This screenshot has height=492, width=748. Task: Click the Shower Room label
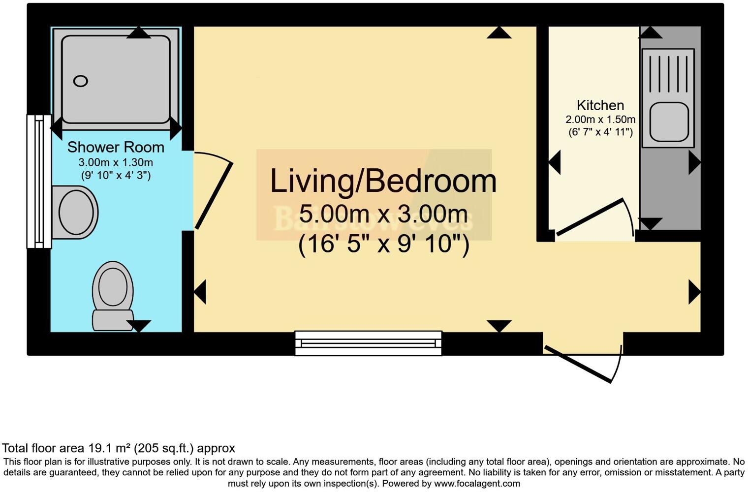click(x=116, y=147)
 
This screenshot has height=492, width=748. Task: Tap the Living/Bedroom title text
click(x=383, y=181)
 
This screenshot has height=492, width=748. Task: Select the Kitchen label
click(x=600, y=105)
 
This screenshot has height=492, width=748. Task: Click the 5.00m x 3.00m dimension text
click(x=383, y=215)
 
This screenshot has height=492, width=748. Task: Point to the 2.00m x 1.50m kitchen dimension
click(x=600, y=120)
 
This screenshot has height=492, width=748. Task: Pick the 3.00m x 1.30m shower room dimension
click(x=116, y=162)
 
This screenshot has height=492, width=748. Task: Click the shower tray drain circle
click(x=81, y=81)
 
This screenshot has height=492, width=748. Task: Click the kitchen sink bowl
click(x=668, y=122)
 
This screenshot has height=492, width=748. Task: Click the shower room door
click(x=214, y=195)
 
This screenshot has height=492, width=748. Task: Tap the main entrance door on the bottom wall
click(x=579, y=365)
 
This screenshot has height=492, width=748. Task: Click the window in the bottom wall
click(x=368, y=343)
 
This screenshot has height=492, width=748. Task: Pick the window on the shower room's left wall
click(x=39, y=182)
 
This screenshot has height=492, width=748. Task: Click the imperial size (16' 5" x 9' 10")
click(x=383, y=244)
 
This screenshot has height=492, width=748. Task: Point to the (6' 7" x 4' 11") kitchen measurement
click(x=600, y=132)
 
